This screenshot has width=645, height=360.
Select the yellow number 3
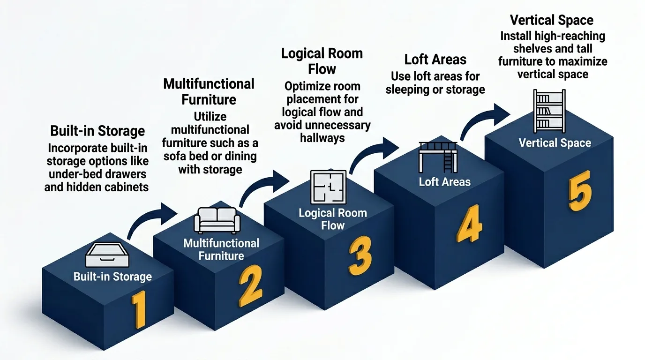point(360,255)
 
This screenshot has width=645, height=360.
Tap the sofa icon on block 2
point(217,220)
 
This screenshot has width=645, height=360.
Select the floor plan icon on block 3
point(328,187)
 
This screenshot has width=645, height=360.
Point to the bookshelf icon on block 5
point(549,111)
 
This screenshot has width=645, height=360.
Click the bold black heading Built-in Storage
point(97,131)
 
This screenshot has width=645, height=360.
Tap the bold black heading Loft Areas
point(435,60)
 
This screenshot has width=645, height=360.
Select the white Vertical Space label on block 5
point(555,142)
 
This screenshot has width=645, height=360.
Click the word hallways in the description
point(322,138)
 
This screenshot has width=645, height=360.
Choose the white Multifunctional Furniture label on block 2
point(221,249)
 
